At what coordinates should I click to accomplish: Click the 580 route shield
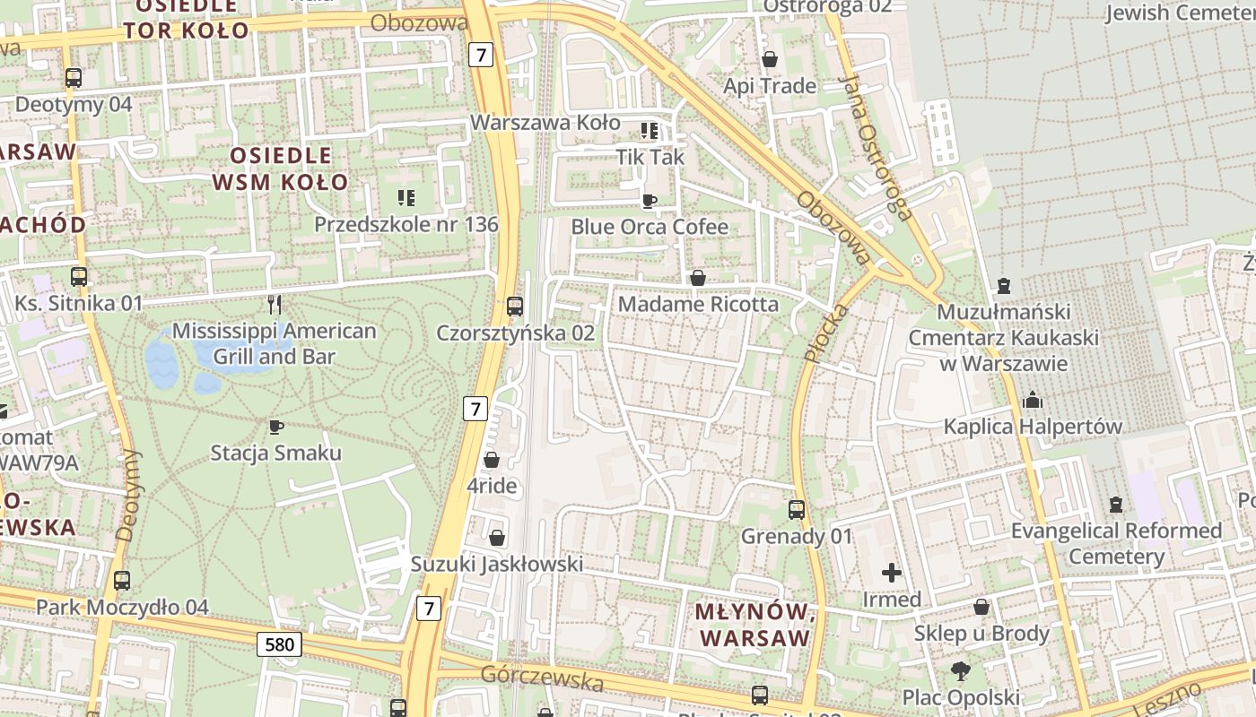pos(279,644)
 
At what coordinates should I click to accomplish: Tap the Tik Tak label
pos(650,157)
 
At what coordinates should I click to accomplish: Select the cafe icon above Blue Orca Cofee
pos(649,200)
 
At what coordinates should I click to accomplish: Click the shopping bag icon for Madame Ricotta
pos(697,278)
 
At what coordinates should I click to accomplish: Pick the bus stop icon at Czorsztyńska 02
pos(515,307)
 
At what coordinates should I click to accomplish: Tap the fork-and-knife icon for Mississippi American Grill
pos(275,304)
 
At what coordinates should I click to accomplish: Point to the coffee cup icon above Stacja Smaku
pos(275,427)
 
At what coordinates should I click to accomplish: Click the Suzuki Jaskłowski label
pos(496,565)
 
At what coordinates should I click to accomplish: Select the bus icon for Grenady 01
pos(796,510)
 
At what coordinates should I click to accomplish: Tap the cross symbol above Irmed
pos(891,572)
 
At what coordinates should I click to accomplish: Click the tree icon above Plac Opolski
pos(961,670)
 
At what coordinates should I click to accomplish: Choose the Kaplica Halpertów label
pos(1033,427)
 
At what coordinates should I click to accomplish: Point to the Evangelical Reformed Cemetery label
pos(1116,543)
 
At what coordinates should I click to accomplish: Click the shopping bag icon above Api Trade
pos(769,59)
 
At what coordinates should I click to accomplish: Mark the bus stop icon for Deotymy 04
pos(74,78)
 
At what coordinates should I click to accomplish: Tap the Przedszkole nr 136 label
pos(406,224)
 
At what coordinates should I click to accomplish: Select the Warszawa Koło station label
pos(545,122)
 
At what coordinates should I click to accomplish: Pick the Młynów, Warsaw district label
pos(754,626)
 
